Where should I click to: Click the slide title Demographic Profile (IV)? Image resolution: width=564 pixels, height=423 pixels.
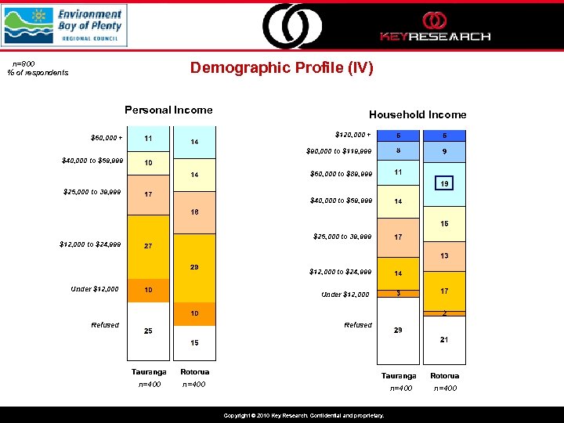point(282,68)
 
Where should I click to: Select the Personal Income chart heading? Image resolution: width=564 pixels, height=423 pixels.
point(168,110)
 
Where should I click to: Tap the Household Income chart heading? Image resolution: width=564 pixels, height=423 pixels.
point(418,114)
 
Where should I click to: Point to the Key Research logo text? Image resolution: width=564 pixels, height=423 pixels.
point(435,36)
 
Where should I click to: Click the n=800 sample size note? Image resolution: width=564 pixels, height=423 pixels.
point(23,63)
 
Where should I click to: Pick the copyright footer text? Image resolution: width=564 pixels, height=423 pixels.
point(303,416)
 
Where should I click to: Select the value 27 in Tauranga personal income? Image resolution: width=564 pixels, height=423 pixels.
point(148,246)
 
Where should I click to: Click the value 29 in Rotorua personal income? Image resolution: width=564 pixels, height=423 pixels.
point(194,267)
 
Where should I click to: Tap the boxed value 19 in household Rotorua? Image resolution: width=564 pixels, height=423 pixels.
point(444,183)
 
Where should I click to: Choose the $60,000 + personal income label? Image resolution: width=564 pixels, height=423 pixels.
point(107,139)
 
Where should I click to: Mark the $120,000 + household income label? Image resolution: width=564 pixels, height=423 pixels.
point(353,134)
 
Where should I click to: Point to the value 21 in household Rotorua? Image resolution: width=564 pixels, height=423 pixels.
point(444,339)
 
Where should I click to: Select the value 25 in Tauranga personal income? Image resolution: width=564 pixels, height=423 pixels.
point(148,331)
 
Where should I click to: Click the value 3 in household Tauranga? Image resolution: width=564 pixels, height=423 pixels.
point(398,294)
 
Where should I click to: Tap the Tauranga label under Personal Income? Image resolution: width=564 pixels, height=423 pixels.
point(148,371)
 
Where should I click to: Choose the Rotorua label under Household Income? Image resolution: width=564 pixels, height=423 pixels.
point(444,376)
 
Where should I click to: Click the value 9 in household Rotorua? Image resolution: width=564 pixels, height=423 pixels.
point(444,152)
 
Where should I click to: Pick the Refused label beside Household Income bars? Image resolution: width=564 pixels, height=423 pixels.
point(358,325)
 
